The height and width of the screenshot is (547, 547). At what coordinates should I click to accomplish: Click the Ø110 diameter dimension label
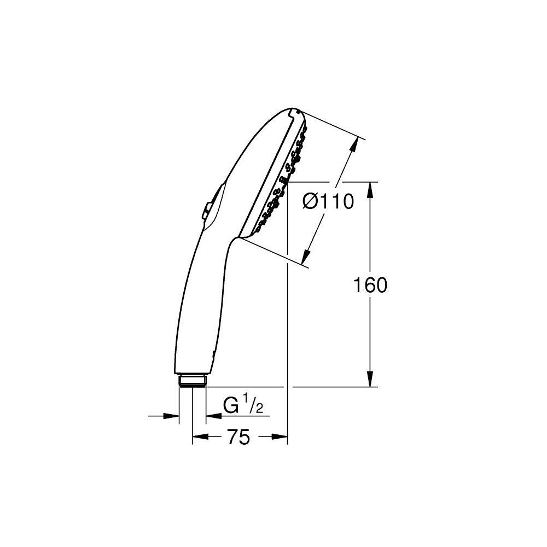pyautogui.click(x=329, y=202)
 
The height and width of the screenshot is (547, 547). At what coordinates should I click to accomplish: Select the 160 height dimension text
pyautogui.click(x=370, y=285)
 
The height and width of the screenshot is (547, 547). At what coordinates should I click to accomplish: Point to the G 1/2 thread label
pyautogui.click(x=244, y=405)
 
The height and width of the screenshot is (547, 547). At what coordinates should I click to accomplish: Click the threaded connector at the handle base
pyautogui.click(x=193, y=381)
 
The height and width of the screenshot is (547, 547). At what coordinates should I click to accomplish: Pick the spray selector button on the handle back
pyautogui.click(x=206, y=210)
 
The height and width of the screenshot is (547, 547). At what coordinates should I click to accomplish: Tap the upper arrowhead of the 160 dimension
pyautogui.click(x=370, y=189)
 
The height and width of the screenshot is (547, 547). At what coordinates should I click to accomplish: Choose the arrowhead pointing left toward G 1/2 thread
pyautogui.click(x=212, y=416)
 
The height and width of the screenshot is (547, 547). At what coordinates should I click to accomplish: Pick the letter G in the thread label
pyautogui.click(x=231, y=406)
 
